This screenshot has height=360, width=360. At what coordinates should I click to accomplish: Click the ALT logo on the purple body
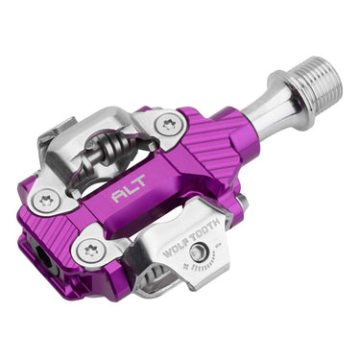pyautogui.click(x=129, y=196)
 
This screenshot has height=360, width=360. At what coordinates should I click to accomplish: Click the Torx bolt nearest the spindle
pyautogui.click(x=170, y=124)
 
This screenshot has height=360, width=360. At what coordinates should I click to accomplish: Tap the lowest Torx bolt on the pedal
pyautogui.click(x=90, y=251)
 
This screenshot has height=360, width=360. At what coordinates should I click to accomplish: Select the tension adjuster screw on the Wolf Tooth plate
pyautogui.click(x=198, y=252)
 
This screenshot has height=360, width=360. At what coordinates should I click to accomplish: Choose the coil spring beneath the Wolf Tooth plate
pyautogui.click(x=157, y=283)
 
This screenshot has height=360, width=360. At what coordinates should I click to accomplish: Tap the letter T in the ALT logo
pyautogui.click(x=141, y=191)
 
